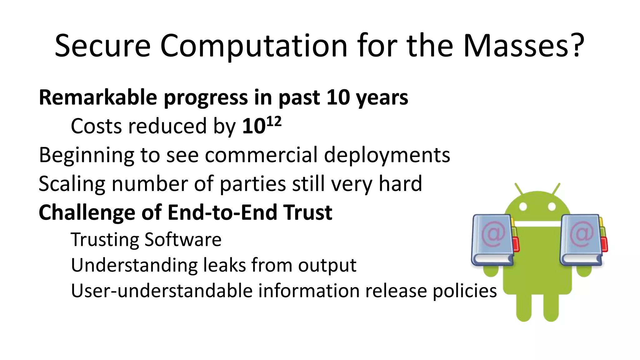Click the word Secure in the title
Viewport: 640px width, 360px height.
102,46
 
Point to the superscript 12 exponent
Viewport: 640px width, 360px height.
274,121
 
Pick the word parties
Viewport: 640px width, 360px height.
252,184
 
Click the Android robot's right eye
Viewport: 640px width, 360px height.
552,207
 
